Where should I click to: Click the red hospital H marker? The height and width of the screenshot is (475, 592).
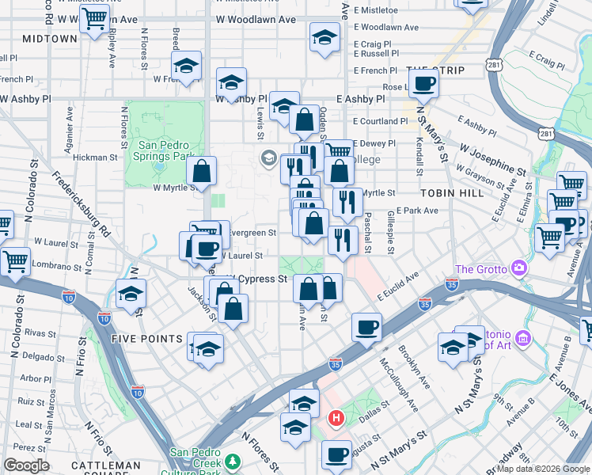click(x=336, y=417)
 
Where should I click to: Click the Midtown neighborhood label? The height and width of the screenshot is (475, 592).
click(x=50, y=38)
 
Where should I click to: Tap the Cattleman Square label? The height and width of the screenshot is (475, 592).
click(x=100, y=465)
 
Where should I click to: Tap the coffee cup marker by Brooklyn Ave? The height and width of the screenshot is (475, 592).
click(x=366, y=326)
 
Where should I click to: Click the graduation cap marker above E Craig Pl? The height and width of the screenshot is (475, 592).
click(x=324, y=37)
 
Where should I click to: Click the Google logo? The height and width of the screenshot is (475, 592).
click(x=26, y=465)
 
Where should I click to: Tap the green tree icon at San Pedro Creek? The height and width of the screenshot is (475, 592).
click(x=233, y=460)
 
